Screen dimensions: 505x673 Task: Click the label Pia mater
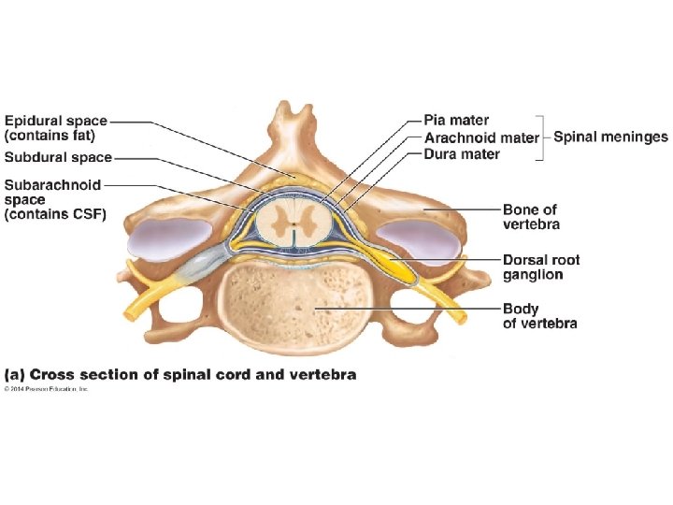click(x=456, y=121)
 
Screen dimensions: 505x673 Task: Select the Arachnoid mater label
click(x=480, y=137)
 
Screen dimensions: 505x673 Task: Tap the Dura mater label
click(x=462, y=154)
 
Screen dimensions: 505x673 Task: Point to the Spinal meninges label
click(x=610, y=137)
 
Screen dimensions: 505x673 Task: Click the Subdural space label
click(x=58, y=157)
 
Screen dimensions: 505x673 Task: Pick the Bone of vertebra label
click(x=531, y=217)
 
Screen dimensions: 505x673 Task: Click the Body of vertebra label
click(x=539, y=316)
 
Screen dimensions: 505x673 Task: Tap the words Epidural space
click(x=56, y=121)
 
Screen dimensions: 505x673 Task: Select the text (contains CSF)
click(x=56, y=214)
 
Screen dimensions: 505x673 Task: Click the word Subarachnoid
click(x=52, y=185)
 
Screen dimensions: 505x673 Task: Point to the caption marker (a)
click(x=16, y=375)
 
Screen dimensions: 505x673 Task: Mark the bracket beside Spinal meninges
click(x=543, y=137)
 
